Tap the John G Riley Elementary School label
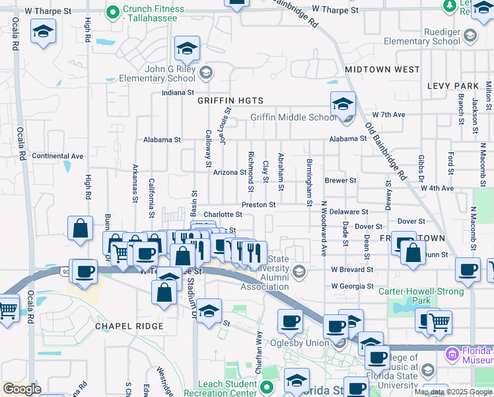point(157,73)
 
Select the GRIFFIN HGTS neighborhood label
point(230,101)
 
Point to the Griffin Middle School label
point(293,118)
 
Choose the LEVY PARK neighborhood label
point(452,86)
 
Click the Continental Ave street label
point(57,156)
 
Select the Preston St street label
point(258,205)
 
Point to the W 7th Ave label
point(388,114)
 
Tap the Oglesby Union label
point(306,343)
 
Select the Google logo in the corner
point(22,389)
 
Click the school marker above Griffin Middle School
point(343,104)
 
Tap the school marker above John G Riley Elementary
point(187,48)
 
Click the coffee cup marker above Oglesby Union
point(289,322)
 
